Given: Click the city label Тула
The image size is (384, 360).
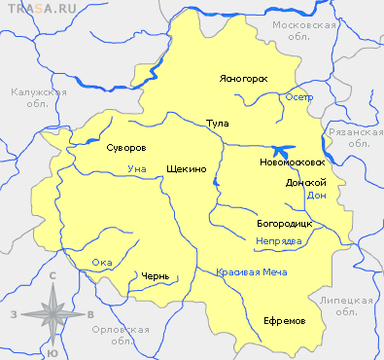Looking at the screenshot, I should click(218, 125).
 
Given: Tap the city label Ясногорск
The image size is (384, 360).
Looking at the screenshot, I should click(243, 78).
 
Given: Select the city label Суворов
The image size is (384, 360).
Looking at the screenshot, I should click(125, 149).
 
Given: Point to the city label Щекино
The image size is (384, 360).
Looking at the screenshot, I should click(187, 169).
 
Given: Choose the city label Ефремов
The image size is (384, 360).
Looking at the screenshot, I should click(285, 320).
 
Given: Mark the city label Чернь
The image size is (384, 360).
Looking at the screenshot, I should click(155, 276).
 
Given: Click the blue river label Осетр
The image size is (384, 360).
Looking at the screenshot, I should click(299, 97).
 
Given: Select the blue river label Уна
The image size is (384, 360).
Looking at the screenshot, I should click(137, 169).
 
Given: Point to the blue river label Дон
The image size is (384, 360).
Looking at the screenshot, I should click(316, 196).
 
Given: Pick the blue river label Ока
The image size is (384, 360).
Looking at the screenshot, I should click(102, 263).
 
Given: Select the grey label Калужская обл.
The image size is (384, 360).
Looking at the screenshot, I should click(38, 99).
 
